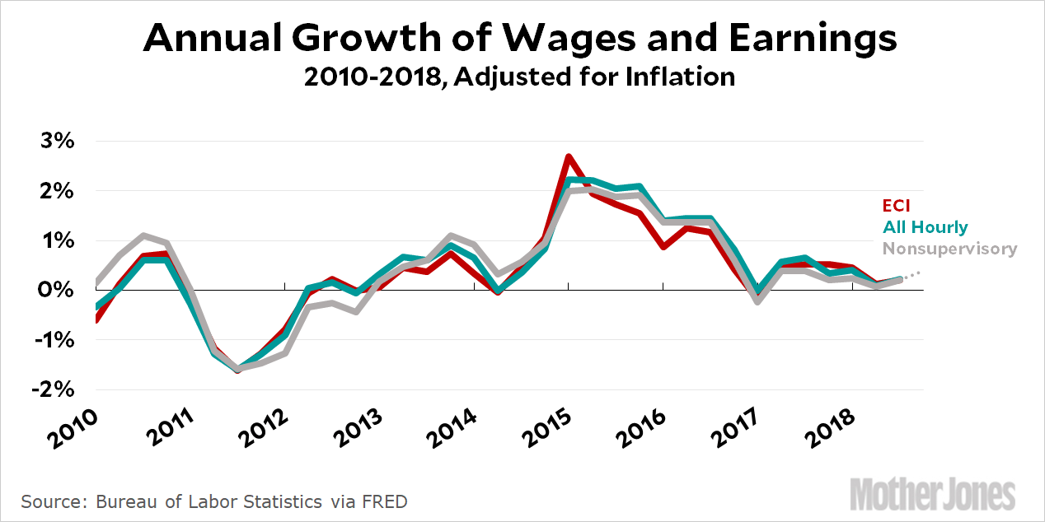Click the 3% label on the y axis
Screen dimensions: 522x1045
[x=59, y=141]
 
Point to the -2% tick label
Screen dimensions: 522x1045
[x=55, y=389]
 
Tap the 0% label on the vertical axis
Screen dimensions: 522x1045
[x=58, y=290]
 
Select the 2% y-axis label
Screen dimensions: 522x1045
[x=59, y=191]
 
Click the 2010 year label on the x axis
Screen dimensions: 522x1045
[x=72, y=427]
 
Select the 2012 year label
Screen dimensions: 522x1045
[x=262, y=427]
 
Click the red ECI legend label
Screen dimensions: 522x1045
[x=897, y=206]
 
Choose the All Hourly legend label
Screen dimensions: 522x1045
[x=926, y=227]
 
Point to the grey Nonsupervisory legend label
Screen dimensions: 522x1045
[x=949, y=248]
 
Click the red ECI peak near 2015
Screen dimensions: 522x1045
[x=569, y=156]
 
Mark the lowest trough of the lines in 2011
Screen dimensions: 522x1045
[x=239, y=370]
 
